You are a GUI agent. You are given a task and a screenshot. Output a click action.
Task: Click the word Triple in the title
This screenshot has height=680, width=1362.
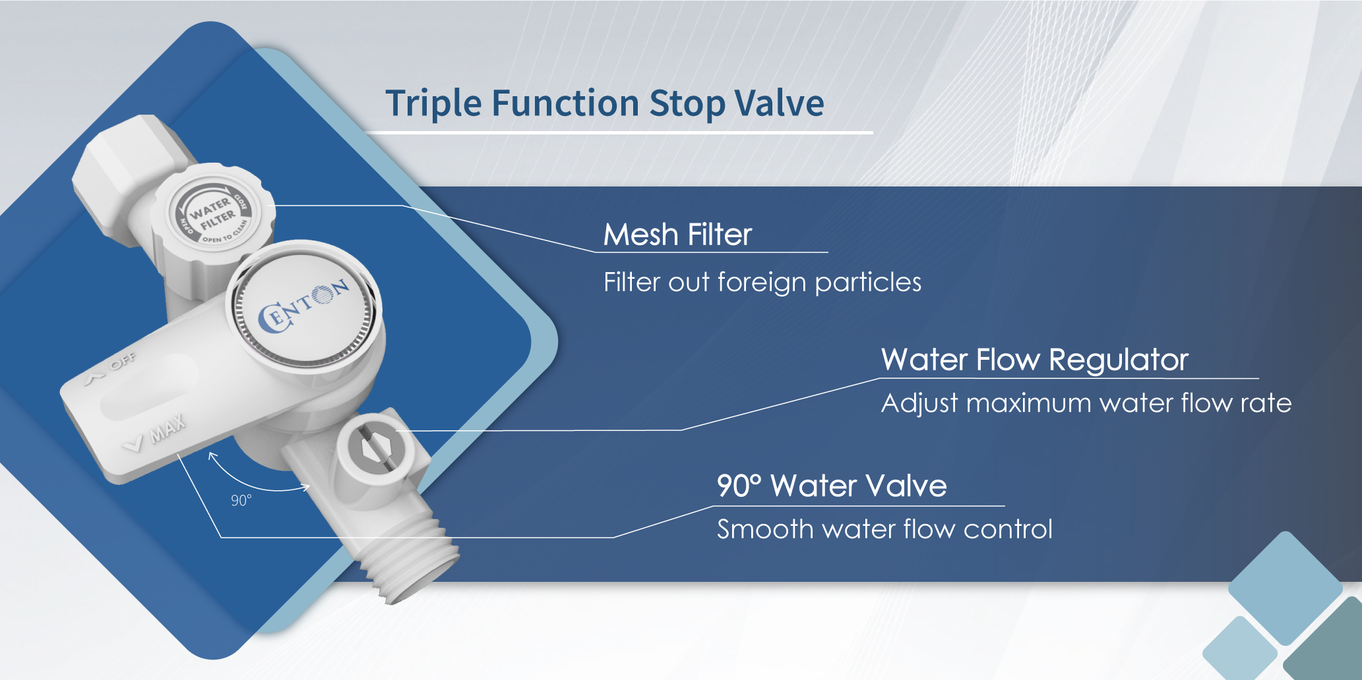coord(433,104)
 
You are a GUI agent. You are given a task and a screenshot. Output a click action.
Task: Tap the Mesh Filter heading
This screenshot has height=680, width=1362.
coord(677,234)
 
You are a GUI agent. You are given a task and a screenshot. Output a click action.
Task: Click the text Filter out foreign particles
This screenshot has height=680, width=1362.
coord(762,282)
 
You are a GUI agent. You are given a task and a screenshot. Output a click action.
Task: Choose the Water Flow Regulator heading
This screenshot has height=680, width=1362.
coord(1035,360)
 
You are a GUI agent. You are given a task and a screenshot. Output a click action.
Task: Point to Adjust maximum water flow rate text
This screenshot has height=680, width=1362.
coord(1086,403)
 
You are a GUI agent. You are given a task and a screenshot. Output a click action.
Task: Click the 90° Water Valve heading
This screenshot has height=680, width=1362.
coord(832,486)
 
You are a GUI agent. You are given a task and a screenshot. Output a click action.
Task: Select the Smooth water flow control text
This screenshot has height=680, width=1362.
coord(884,529)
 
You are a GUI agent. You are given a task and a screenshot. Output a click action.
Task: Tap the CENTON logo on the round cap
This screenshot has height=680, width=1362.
coord(303,306)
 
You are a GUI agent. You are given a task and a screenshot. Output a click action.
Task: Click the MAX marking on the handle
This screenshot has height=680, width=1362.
coord(168,428)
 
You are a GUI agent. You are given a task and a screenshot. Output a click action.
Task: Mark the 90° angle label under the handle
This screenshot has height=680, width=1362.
coord(241,501)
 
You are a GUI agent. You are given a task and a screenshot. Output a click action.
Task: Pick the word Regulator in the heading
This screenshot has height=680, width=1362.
coord(1119,360)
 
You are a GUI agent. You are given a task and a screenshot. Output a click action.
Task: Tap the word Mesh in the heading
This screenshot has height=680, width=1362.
coord(641,234)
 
